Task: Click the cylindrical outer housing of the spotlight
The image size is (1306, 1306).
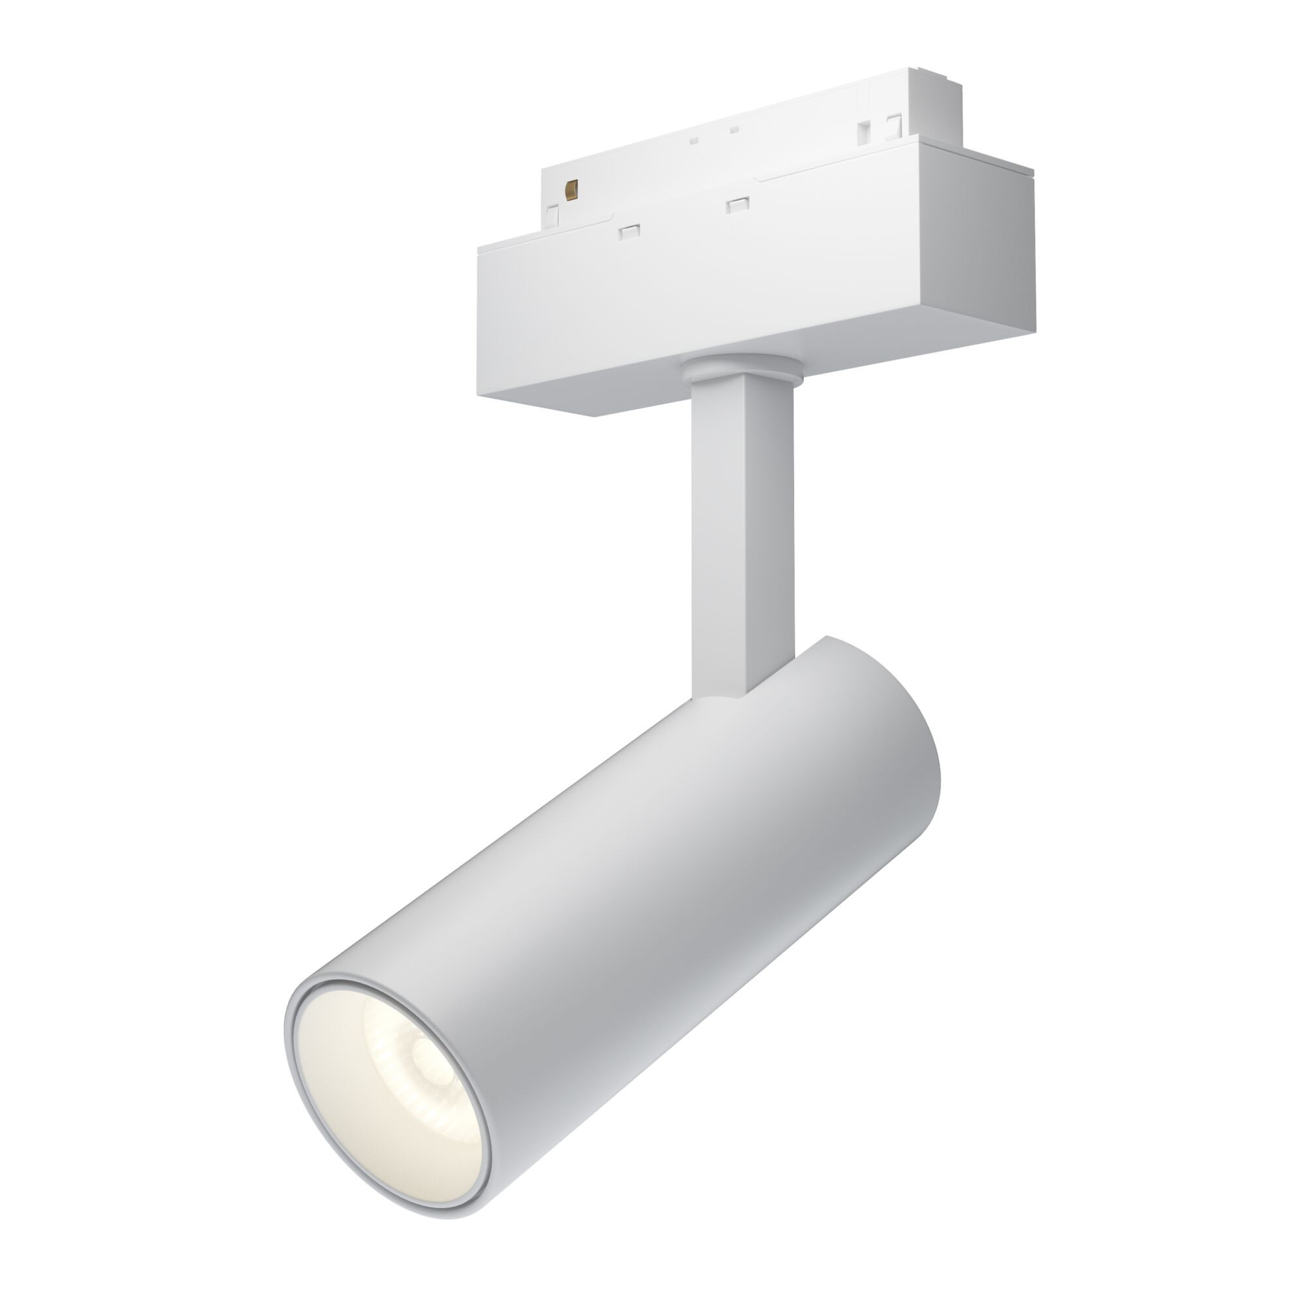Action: [x=676, y=913]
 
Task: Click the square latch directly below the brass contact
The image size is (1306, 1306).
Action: [x=553, y=215]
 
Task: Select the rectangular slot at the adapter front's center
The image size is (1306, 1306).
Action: [x=737, y=204]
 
